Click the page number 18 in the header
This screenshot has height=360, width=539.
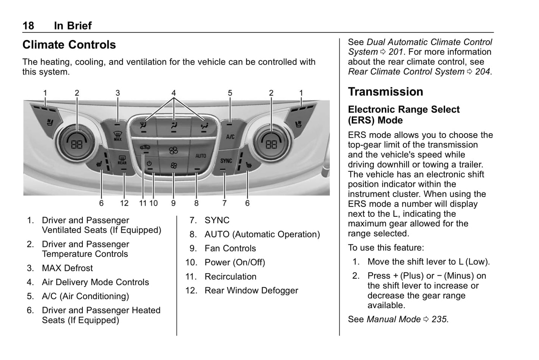[28, 25]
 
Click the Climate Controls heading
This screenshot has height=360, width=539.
[69, 45]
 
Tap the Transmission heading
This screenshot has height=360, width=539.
[385, 92]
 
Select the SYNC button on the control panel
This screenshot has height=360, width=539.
[226, 161]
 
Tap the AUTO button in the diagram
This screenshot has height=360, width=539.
[201, 156]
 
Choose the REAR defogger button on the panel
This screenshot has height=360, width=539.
[122, 160]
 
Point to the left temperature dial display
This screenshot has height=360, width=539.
[76, 144]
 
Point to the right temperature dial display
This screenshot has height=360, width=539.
[271, 144]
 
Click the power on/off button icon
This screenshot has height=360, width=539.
[149, 163]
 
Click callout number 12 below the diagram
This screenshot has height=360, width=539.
[124, 203]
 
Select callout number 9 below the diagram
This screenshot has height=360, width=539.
[173, 203]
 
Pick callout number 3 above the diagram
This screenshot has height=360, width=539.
[117, 93]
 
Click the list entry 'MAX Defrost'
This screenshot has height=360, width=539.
[67, 268]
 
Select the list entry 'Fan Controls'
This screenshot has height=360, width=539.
[230, 248]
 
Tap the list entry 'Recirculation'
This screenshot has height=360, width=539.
[230, 277]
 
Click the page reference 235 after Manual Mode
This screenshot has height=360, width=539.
[439, 319]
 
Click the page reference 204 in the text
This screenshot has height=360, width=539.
[483, 72]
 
